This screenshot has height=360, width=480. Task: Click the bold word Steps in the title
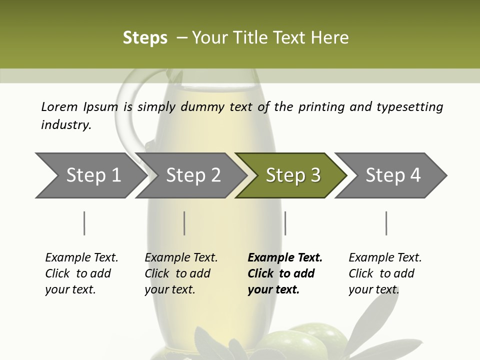145,38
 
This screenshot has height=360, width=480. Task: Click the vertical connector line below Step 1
84,223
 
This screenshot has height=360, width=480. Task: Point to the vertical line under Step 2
184,223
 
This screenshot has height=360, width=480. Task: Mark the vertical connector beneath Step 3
285,223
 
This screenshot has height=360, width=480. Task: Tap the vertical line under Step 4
386,223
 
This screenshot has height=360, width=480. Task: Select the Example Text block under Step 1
81,273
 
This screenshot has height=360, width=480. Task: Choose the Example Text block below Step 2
180,273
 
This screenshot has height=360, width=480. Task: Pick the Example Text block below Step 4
384,273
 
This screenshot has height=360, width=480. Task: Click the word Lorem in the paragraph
59,106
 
